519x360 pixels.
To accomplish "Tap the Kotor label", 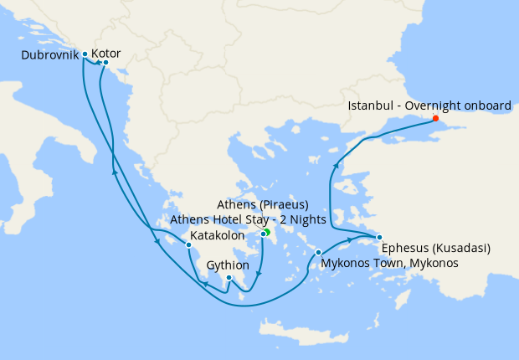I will (106, 54).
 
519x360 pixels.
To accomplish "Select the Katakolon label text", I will (217, 235).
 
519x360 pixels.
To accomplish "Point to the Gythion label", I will (226, 265).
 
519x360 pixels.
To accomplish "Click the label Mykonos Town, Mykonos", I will (390, 263).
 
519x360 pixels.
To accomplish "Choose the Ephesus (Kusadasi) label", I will (435, 248).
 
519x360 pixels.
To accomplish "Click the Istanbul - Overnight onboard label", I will (428, 106).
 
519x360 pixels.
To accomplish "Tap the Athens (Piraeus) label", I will (262, 205).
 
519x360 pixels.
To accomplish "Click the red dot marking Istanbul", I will (435, 118).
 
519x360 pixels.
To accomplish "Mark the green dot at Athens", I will (266, 232).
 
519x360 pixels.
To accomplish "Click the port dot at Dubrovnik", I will (85, 54).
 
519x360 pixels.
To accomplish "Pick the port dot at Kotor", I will (105, 62).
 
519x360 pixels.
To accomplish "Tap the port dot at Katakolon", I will (189, 244).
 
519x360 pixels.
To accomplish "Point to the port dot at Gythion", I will (229, 277).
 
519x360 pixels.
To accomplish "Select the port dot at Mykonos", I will (318, 252).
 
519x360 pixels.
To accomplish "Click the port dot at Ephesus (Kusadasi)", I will (379, 237).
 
